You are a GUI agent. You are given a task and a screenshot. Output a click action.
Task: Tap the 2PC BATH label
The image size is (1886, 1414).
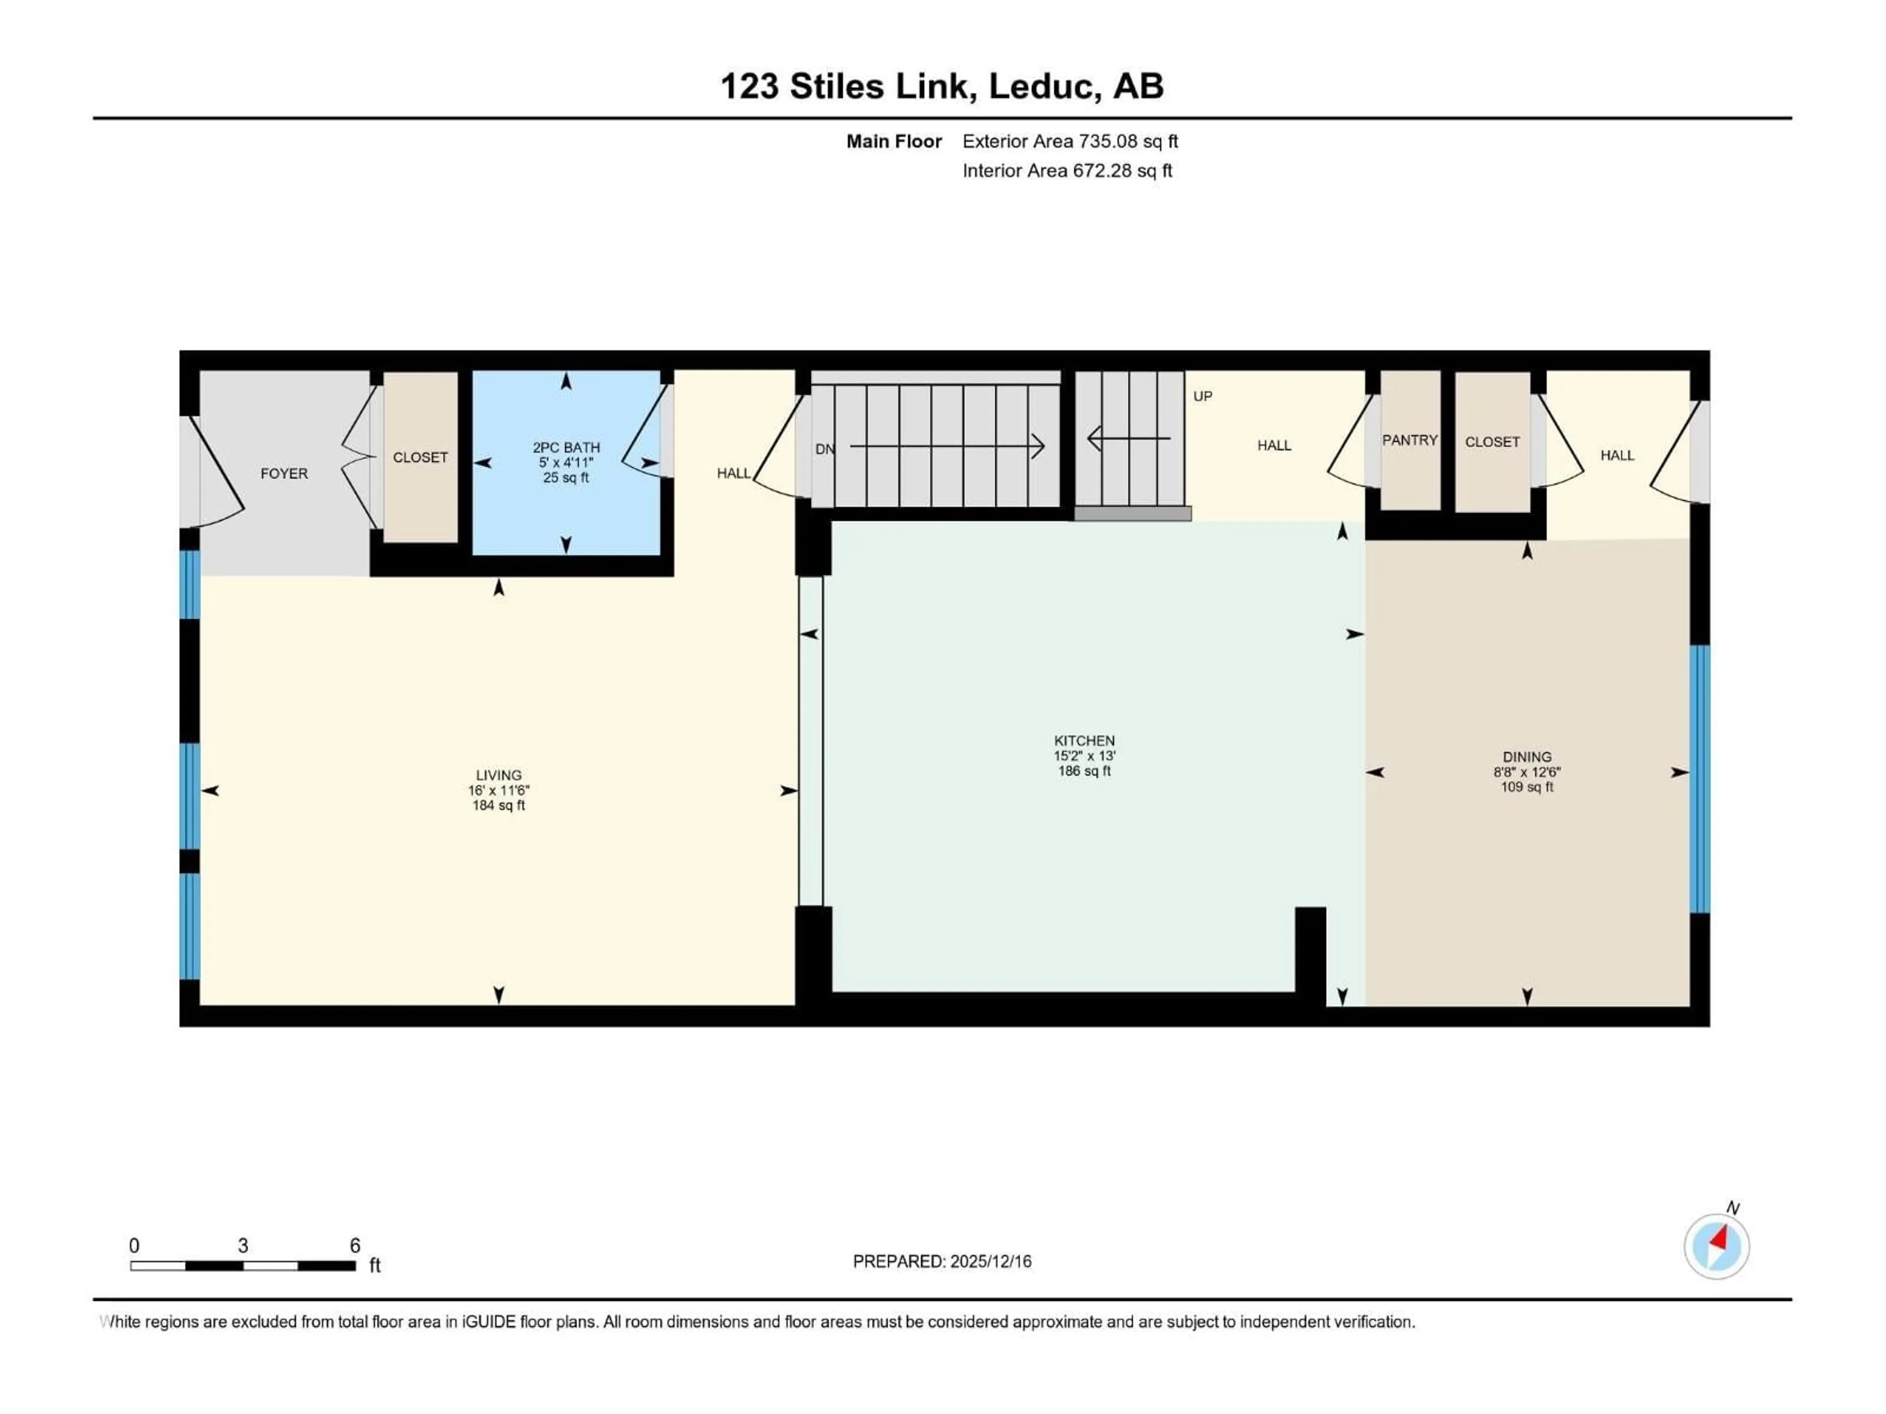tap(566, 447)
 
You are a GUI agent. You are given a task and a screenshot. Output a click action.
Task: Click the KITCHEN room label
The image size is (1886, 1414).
tap(1083, 741)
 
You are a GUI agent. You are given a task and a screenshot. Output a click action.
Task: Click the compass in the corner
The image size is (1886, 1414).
tap(1717, 1246)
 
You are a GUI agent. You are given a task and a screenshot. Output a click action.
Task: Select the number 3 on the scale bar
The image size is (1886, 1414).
tap(243, 1245)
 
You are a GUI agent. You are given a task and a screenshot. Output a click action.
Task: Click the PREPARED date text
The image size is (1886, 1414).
tap(942, 1261)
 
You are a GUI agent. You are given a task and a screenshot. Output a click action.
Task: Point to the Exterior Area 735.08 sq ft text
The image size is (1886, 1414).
tap(1070, 141)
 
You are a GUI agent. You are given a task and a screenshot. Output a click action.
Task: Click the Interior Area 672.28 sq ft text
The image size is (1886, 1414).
tap(1067, 170)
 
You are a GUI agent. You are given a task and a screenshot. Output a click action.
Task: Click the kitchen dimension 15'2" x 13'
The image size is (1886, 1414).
tap(1083, 756)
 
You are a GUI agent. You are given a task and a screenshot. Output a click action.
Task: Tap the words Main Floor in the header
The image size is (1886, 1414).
tap(893, 141)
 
